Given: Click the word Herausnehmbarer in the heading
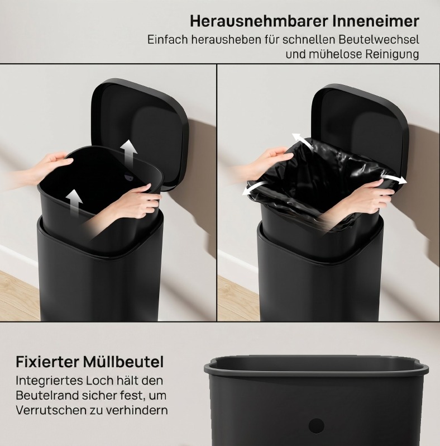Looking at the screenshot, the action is pos(259,21).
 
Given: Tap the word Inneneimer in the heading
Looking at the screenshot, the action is pos(375,21).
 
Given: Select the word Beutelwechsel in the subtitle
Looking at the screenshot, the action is pos(379,40).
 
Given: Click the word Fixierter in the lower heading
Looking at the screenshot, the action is pos(47,362).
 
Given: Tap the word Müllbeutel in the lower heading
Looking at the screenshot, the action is pos(123,362).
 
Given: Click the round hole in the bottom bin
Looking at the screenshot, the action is pos(317,426).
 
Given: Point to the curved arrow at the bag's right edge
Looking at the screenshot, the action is pos(394,179).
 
